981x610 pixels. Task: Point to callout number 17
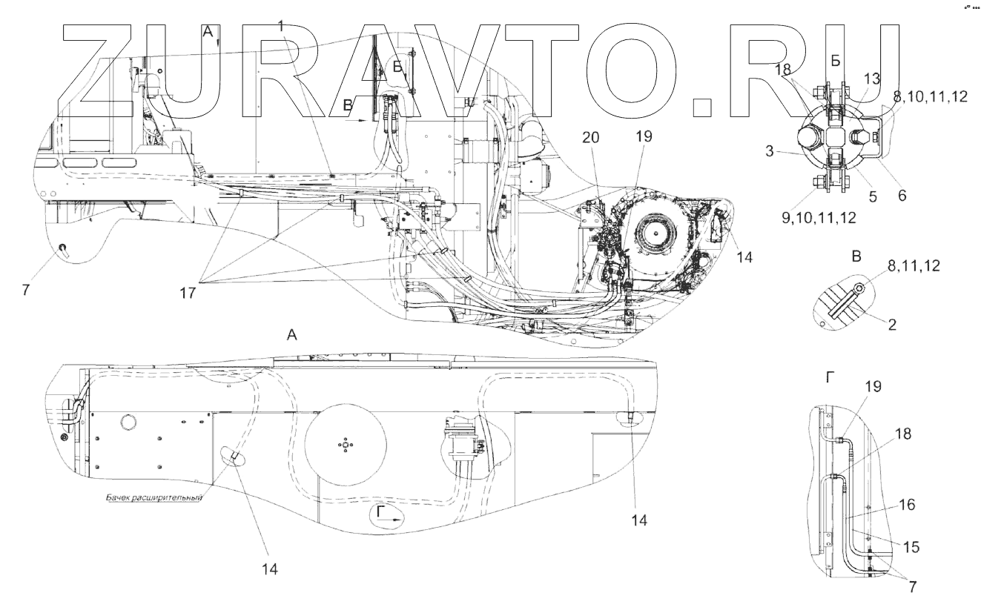coord(188,293)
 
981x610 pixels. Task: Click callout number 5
coord(873,196)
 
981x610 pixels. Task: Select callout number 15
coord(911,547)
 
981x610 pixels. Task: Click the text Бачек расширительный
coord(153,498)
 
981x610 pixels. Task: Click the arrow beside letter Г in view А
coord(394,521)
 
